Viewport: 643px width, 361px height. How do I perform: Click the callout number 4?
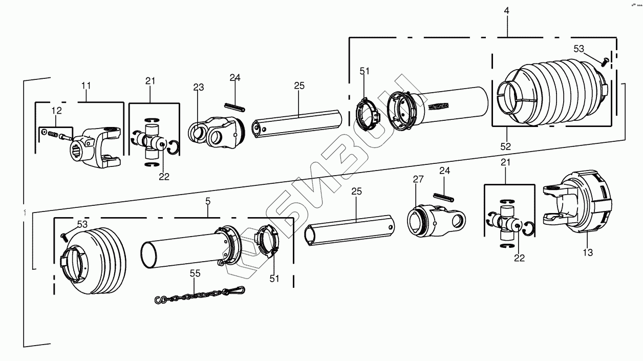(506, 10)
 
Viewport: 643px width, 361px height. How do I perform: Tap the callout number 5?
(207, 201)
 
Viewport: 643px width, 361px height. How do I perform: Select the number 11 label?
(86, 85)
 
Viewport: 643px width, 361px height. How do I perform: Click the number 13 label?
(588, 252)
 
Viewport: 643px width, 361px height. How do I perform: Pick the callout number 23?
(198, 88)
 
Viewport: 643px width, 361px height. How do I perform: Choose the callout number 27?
(418, 179)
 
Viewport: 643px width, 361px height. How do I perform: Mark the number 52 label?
(506, 146)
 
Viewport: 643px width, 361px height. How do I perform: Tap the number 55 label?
(195, 274)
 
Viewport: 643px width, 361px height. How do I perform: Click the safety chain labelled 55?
(200, 295)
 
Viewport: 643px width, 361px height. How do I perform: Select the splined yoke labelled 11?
(97, 148)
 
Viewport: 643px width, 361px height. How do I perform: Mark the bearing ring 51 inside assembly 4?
(367, 115)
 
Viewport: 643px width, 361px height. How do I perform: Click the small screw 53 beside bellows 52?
(604, 62)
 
